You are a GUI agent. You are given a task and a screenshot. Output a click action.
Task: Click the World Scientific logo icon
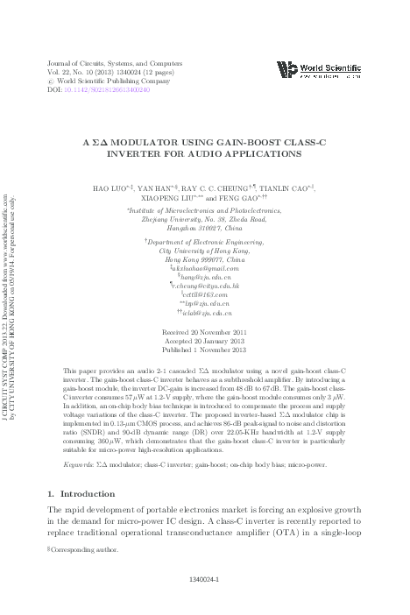coord(285,67)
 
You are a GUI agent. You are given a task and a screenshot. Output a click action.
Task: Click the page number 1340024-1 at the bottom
coord(204,604)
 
